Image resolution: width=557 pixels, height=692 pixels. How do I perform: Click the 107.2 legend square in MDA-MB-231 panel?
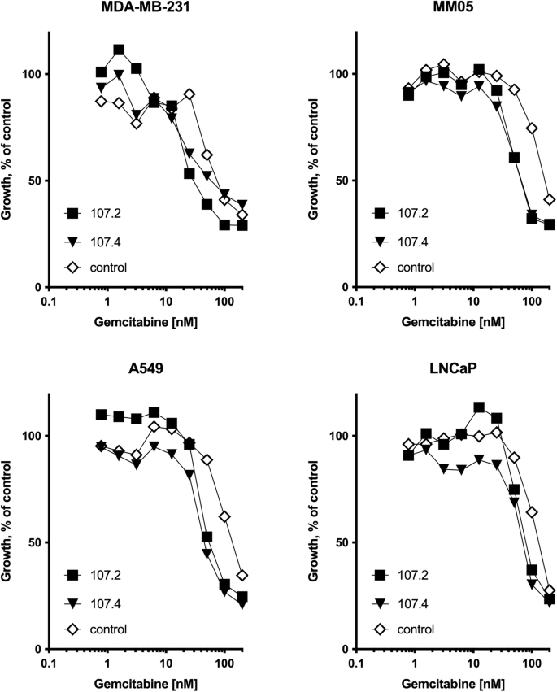point(72,215)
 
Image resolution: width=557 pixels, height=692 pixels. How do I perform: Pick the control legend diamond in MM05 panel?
point(378,267)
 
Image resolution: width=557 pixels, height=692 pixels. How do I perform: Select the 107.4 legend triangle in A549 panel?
point(72,603)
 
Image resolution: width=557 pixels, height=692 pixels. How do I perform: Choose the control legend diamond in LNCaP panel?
point(378,629)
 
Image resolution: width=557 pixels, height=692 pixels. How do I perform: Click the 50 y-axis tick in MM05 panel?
point(339,181)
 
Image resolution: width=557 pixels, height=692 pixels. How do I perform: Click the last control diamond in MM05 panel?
point(550,199)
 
